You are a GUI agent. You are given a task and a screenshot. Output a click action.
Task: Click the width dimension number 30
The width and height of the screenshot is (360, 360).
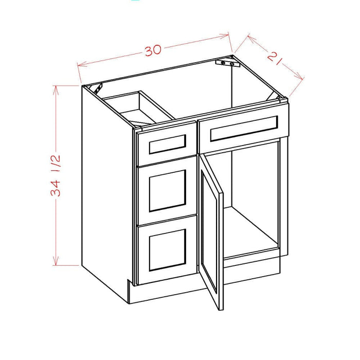click(x=153, y=50)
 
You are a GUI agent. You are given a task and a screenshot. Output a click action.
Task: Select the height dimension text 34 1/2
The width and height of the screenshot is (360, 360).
click(x=58, y=174)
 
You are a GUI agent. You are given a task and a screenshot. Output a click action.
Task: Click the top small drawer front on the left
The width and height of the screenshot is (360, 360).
click(x=167, y=145)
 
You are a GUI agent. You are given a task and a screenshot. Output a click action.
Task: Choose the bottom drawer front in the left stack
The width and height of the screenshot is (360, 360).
click(x=167, y=248)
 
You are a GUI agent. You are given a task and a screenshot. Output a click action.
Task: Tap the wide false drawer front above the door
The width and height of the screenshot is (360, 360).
click(x=243, y=128)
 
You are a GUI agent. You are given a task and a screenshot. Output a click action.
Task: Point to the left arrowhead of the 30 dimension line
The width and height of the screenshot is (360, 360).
click(x=79, y=65)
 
